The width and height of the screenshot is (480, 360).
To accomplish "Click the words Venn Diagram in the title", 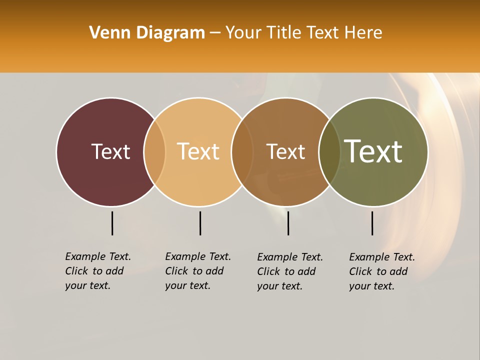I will (147, 33).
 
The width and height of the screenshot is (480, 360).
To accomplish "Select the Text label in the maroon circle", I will (110, 151).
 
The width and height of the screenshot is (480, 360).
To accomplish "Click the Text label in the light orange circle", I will (198, 151).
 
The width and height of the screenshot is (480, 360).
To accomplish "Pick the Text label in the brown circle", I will (285, 151).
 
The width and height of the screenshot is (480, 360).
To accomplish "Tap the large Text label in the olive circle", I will (373, 151).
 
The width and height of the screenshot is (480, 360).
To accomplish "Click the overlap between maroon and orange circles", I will (154, 151).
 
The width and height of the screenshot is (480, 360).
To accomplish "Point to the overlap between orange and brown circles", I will (242, 151).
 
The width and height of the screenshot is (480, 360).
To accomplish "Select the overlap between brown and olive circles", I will (329, 151).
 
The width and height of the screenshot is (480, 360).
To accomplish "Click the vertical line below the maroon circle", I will (112, 223).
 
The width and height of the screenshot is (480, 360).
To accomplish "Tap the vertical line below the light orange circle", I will (200, 223).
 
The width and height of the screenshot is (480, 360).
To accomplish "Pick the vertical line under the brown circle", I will (288, 223).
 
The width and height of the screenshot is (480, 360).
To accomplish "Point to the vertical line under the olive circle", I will (372, 223).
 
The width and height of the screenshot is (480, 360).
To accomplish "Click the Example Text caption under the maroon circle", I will (98, 271).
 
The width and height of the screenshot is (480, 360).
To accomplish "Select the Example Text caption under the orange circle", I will (198, 271).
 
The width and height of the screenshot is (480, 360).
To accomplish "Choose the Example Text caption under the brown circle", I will (290, 271).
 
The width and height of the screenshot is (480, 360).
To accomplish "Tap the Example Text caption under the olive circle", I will (382, 271).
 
